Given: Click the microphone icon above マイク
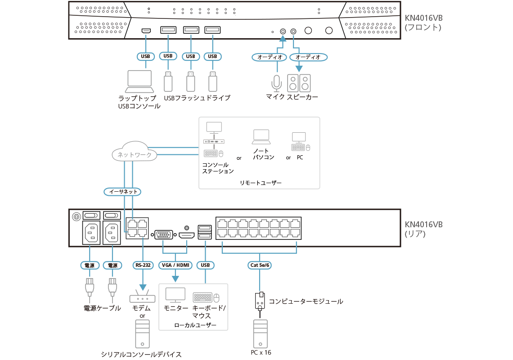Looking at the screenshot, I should [276, 82].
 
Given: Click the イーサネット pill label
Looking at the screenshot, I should [122, 192].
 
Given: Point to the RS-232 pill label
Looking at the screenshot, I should [143, 265].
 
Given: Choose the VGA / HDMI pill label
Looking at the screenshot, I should [175, 265].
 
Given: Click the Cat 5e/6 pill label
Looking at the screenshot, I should [260, 265].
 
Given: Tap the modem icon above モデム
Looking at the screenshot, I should [142, 298].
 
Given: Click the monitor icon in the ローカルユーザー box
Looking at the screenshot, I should [175, 295].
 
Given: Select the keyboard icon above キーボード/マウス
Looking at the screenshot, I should [202, 297].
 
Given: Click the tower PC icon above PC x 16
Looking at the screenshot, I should [260, 333].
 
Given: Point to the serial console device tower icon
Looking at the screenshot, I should [142, 333].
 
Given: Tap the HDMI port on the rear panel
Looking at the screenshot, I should [187, 235].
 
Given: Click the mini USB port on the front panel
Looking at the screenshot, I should [146, 31].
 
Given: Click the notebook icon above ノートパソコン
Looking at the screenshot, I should [261, 135].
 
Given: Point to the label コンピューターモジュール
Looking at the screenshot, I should [306, 301].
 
